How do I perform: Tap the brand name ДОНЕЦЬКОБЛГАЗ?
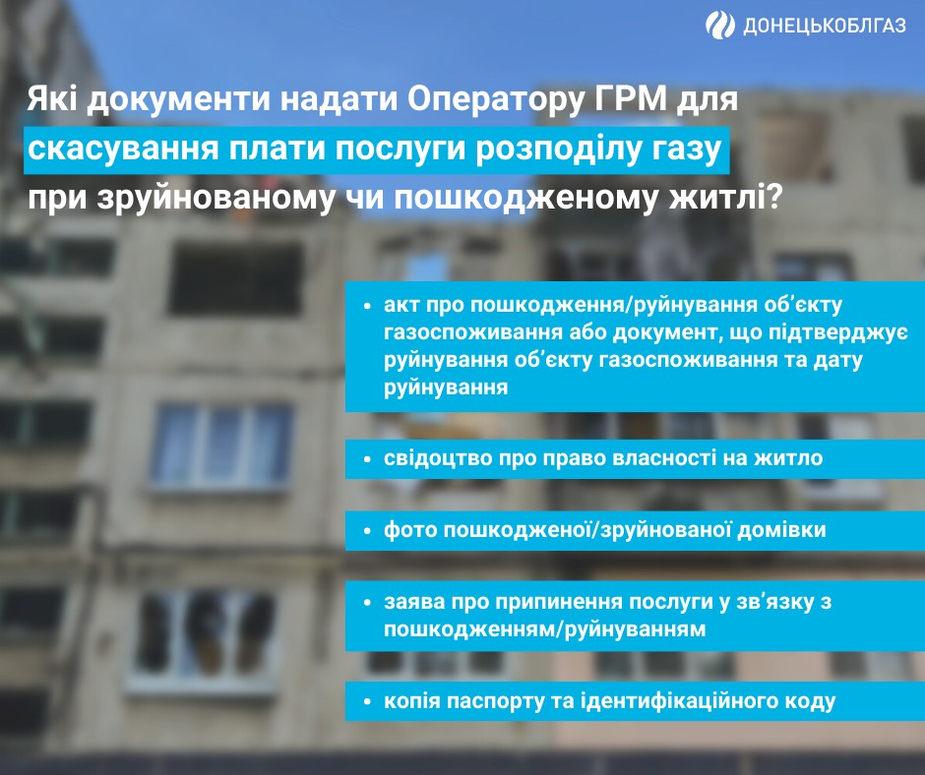tap(822, 26)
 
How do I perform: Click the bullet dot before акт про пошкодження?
tap(365, 305)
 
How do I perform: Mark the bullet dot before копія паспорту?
tap(365, 702)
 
